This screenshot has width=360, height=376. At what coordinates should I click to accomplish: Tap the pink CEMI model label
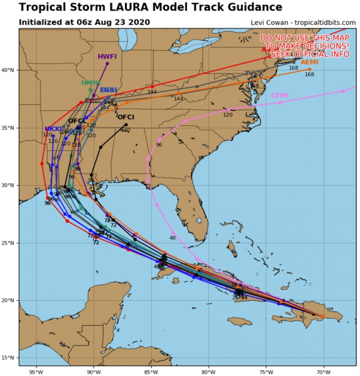(x=280, y=96)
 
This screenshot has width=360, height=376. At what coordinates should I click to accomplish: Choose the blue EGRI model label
(x=108, y=90)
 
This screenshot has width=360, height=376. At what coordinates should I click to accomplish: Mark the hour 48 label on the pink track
(x=172, y=237)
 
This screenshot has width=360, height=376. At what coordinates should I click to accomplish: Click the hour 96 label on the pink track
(x=159, y=145)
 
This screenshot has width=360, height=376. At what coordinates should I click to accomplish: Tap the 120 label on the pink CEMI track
(x=227, y=115)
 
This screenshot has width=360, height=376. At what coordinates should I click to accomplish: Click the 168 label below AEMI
(x=310, y=74)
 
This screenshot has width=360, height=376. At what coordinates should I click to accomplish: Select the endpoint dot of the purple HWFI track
(x=107, y=63)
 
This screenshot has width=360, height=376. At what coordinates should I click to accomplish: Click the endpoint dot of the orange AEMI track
(x=310, y=69)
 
